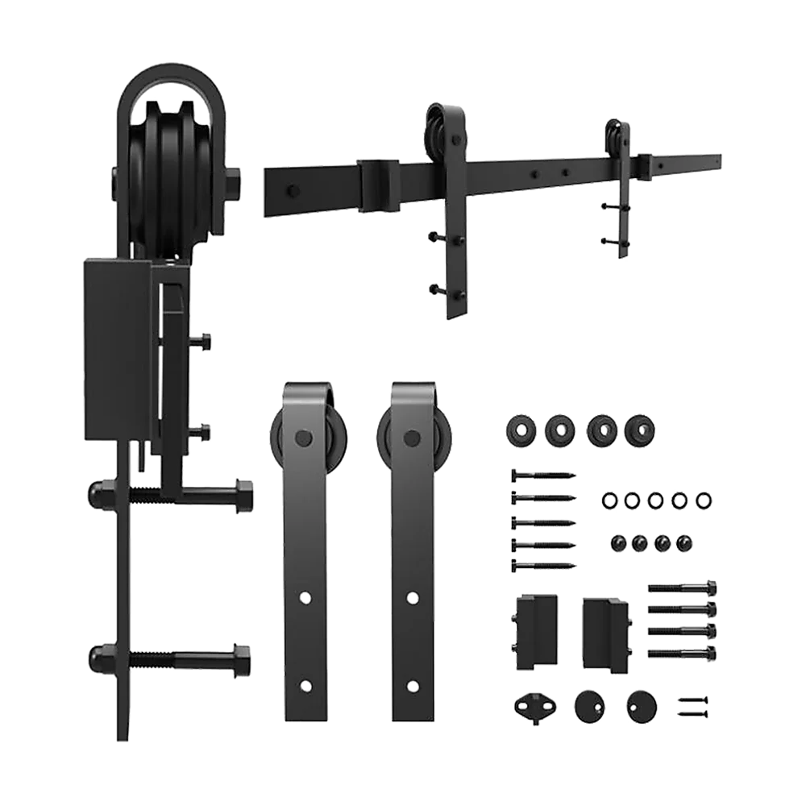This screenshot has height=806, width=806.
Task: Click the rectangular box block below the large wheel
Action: click(117, 351)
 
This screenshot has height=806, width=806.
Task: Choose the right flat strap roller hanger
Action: click(412, 548)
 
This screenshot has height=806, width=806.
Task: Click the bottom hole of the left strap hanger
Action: click(305, 687)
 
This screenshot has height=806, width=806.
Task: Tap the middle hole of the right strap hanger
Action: click(413, 597)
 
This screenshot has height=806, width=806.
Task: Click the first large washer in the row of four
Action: click(517, 429)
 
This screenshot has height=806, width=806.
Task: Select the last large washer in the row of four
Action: click(640, 428)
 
